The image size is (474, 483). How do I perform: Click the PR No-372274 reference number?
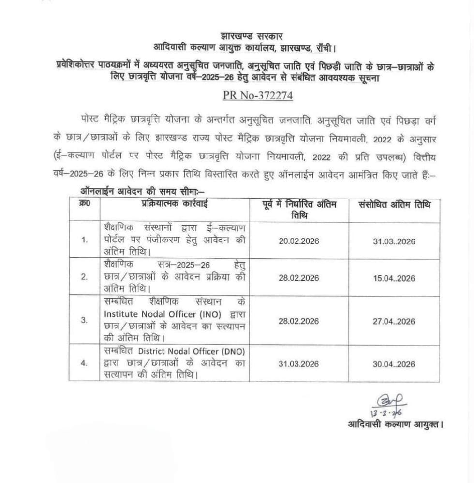click(x=257, y=95)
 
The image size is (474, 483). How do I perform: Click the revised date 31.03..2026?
click(x=395, y=241)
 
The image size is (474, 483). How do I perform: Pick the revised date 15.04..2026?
click(x=395, y=278)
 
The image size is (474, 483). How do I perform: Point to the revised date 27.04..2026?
click(x=395, y=321)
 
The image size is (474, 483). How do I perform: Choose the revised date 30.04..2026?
click(x=395, y=364)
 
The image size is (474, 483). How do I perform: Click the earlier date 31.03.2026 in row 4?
click(x=298, y=364)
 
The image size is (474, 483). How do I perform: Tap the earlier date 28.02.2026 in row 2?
click(x=298, y=278)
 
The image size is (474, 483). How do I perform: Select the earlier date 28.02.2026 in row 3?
click(x=298, y=321)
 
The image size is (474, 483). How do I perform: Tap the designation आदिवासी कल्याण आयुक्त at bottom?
click(x=395, y=425)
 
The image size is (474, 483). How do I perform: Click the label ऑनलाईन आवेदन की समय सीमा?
click(x=138, y=191)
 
